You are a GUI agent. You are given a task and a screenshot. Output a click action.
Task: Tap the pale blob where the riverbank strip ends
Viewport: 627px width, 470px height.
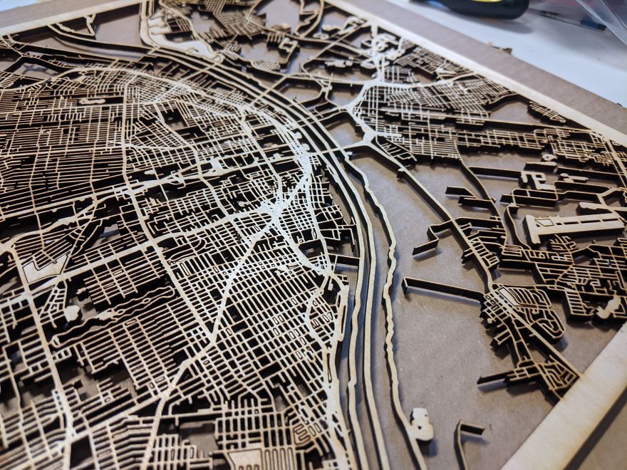(x=421, y=424)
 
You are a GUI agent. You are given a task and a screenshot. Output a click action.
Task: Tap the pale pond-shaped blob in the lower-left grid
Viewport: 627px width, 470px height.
(x=71, y=313)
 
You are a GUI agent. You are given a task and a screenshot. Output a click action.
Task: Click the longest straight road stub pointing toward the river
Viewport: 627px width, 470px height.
(x=442, y=288)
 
